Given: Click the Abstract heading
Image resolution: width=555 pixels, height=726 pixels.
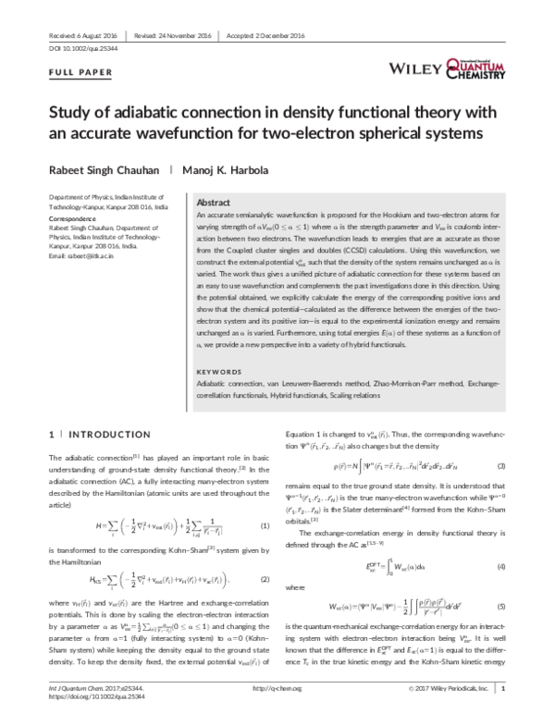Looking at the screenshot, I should point(215,202).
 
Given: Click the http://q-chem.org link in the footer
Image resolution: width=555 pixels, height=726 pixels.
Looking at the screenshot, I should point(277,713).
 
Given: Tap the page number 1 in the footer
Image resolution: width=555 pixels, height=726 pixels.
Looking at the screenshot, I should point(503,713).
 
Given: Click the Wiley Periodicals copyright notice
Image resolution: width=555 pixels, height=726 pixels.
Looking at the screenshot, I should point(443,713).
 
